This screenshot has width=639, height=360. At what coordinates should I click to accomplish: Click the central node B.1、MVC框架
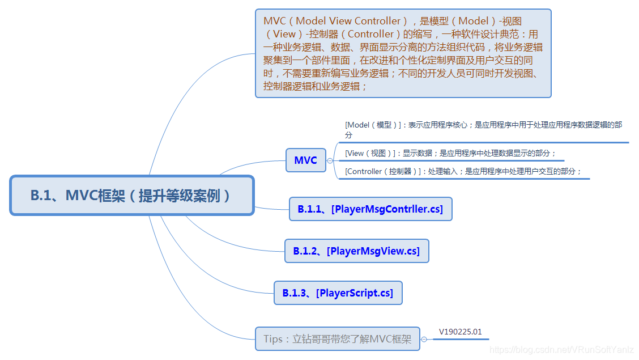(131, 196)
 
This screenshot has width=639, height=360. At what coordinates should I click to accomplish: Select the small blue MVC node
(305, 160)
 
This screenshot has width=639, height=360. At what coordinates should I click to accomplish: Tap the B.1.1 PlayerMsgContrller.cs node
(370, 209)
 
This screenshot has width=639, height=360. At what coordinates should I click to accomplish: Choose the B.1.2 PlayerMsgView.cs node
(356, 251)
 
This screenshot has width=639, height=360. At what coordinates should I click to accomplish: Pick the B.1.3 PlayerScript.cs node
(338, 293)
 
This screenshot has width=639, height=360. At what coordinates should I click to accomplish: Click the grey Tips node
(337, 339)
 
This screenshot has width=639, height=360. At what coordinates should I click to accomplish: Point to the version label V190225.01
(460, 332)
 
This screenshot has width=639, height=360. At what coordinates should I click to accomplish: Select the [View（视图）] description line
(450, 153)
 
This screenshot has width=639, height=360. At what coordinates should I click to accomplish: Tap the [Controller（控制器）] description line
(463, 171)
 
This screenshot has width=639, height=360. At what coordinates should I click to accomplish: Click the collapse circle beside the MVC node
(330, 160)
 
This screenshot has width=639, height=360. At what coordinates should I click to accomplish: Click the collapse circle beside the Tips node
(424, 339)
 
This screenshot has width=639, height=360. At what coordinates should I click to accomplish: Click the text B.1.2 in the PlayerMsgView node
(306, 251)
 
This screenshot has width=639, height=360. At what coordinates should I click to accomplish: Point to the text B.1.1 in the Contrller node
(311, 209)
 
